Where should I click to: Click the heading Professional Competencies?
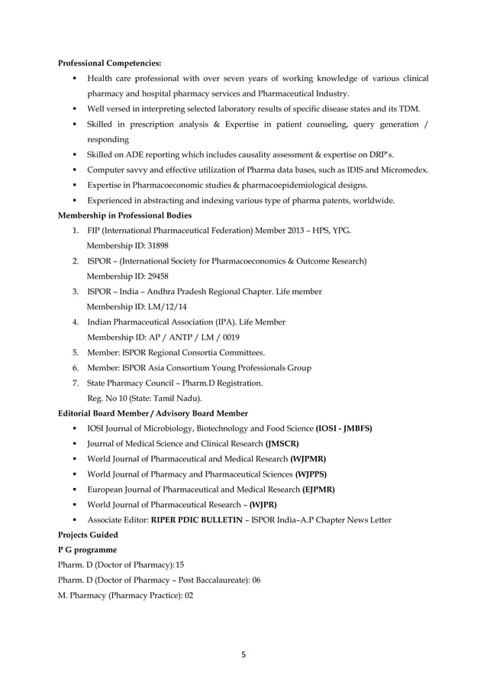click(110, 63)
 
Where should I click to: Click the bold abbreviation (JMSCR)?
click(282, 443)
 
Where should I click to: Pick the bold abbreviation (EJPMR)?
click(318, 489)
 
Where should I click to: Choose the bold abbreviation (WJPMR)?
click(312, 458)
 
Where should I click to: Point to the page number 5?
click(243, 654)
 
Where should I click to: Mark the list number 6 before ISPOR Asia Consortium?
click(75, 367)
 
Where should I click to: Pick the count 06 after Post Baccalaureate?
click(256, 580)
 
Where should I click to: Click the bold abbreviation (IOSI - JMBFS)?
click(343, 429)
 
